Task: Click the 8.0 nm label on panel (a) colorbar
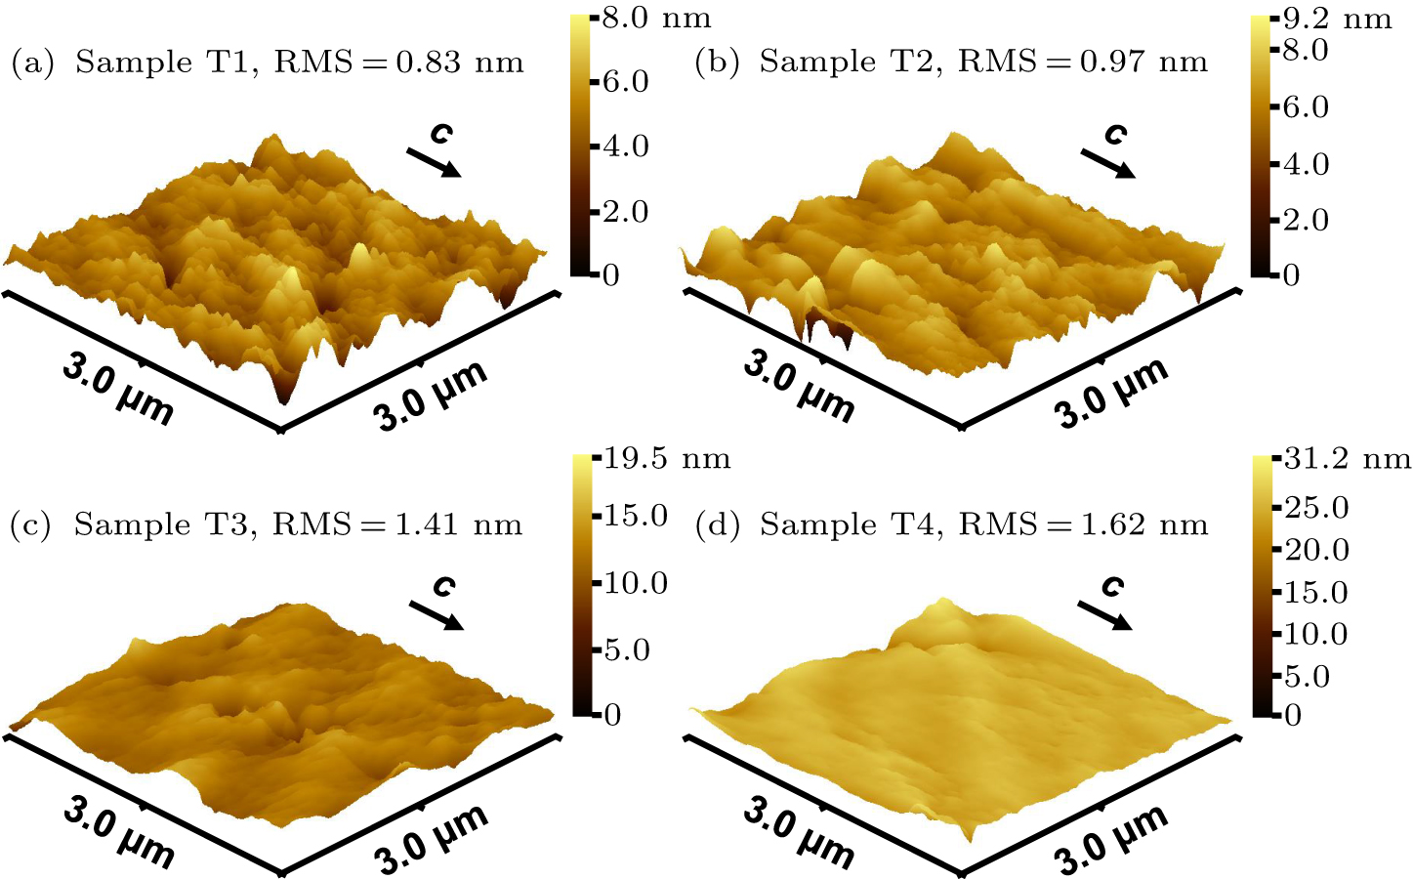click(x=655, y=18)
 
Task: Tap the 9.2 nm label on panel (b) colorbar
click(x=1336, y=19)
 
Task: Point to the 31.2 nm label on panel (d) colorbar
click(x=1347, y=458)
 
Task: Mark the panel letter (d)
click(x=712, y=525)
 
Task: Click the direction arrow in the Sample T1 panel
click(x=433, y=162)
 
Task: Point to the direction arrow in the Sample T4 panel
click(x=1104, y=615)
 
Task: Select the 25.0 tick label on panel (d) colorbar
click(x=1315, y=508)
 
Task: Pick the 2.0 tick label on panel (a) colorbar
click(x=625, y=211)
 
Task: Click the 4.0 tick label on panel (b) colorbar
click(x=1306, y=163)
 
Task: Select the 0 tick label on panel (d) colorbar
click(x=1292, y=716)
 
